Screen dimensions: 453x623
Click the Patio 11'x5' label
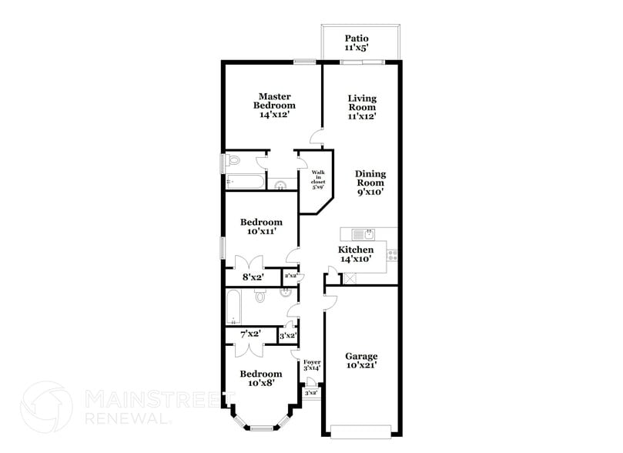(357, 42)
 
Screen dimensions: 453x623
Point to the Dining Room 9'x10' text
(370, 183)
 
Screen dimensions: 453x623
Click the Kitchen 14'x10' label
(357, 255)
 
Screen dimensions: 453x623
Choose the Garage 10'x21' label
(361, 361)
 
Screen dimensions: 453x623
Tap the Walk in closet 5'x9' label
(317, 180)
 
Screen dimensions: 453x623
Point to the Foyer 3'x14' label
(311, 366)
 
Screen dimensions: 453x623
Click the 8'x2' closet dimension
(253, 277)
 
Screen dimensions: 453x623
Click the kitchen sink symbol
(363, 233)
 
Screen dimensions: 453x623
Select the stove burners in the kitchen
(392, 253)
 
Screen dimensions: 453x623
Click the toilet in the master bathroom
(235, 160)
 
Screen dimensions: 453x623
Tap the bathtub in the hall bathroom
(234, 307)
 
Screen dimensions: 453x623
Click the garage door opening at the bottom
(361, 431)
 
